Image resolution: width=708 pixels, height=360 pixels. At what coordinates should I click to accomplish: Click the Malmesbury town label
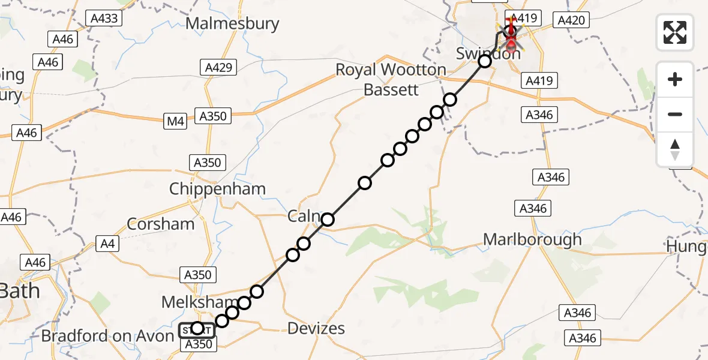click(233, 24)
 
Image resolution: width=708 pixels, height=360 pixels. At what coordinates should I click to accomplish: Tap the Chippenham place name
click(217, 189)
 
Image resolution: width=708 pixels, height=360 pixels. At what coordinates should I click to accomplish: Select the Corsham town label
click(161, 224)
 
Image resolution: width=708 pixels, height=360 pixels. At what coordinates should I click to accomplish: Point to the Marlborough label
click(532, 240)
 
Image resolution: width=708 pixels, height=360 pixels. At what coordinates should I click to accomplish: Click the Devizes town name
click(316, 328)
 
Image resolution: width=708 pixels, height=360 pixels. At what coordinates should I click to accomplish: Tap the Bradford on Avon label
click(107, 336)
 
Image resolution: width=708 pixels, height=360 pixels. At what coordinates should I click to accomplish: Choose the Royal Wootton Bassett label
click(391, 80)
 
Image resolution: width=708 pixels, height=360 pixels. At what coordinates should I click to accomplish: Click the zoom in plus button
click(675, 80)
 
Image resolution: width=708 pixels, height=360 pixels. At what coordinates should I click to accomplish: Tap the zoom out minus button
click(675, 114)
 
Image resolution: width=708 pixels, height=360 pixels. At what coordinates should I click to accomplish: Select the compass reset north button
click(675, 149)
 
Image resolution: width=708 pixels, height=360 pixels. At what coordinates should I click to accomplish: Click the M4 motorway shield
click(175, 122)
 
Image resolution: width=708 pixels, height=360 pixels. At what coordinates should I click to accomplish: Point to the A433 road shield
click(104, 19)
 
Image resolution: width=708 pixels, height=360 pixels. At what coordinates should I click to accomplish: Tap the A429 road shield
click(218, 67)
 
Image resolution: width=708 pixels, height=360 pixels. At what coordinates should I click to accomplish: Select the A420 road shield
click(570, 21)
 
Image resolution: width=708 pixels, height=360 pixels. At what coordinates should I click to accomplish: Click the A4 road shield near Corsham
click(106, 244)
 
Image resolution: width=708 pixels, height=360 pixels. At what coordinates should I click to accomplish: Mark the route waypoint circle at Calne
click(327, 220)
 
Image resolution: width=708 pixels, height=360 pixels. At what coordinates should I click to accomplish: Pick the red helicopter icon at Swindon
click(511, 35)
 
